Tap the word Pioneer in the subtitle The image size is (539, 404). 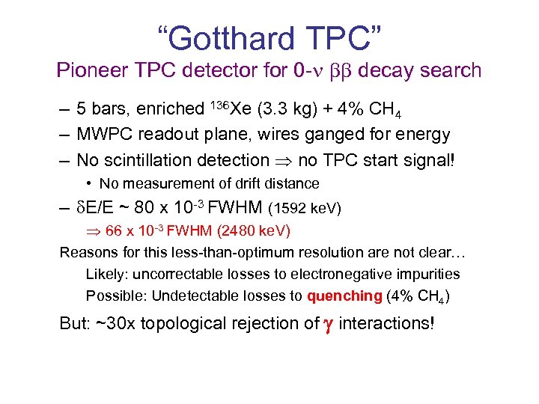pos(89,71)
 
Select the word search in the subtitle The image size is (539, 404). pos(447,71)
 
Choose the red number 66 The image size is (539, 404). pos(115,230)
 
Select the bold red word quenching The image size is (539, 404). pos(344,296)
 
